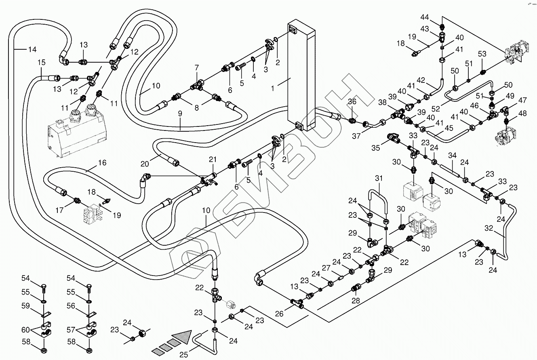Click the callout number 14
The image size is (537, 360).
[x=32, y=50]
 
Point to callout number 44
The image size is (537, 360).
[x=436, y=18]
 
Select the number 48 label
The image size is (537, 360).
[x=522, y=114]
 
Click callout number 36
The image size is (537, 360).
[x=352, y=101]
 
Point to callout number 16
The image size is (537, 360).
[x=102, y=163]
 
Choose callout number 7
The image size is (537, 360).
[x=197, y=67]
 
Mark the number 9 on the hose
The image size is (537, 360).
[x=180, y=114]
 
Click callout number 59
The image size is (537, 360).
[x=26, y=306]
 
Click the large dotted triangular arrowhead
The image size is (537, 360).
[x=181, y=336]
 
